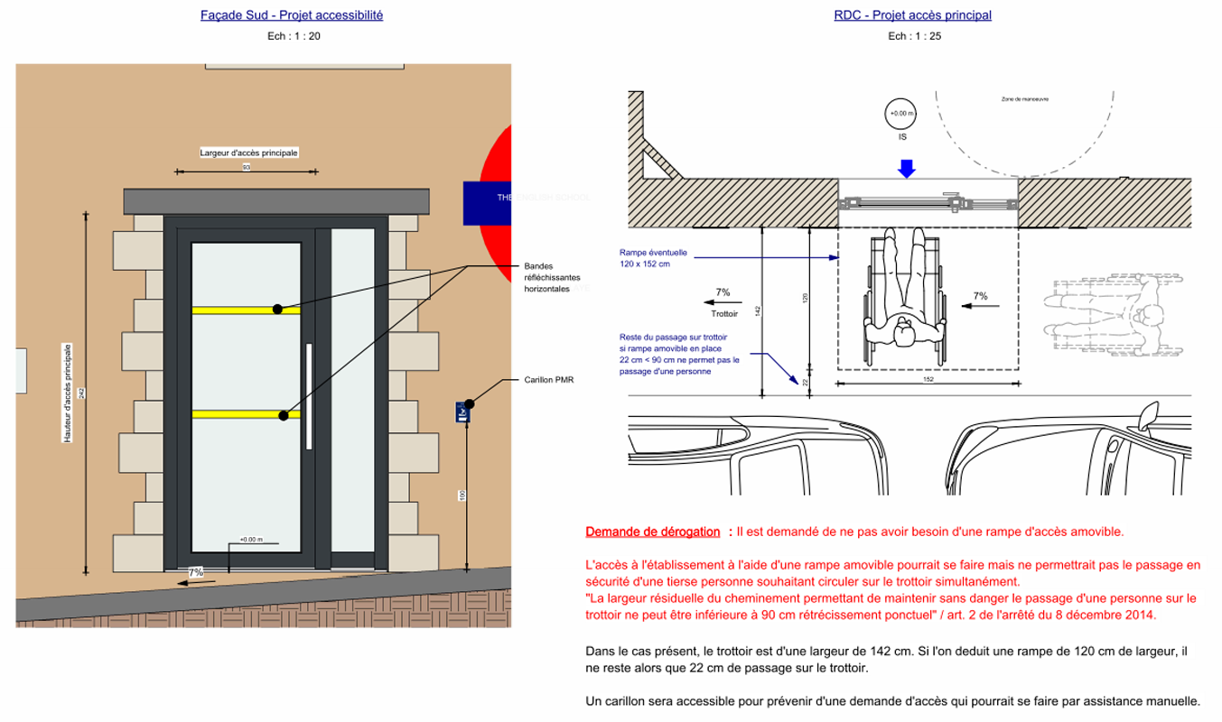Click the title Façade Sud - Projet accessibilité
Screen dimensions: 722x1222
292,15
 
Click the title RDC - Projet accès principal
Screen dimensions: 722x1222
912,15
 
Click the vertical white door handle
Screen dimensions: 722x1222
309,396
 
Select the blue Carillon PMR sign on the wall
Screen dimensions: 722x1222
462,412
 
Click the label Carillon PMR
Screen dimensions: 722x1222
548,380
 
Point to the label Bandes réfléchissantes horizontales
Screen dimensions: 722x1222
553,277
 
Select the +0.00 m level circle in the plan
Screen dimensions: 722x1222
901,114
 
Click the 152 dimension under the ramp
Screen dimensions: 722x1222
928,379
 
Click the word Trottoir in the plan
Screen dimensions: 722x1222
724,314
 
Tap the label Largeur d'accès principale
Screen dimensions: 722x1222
248,153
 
